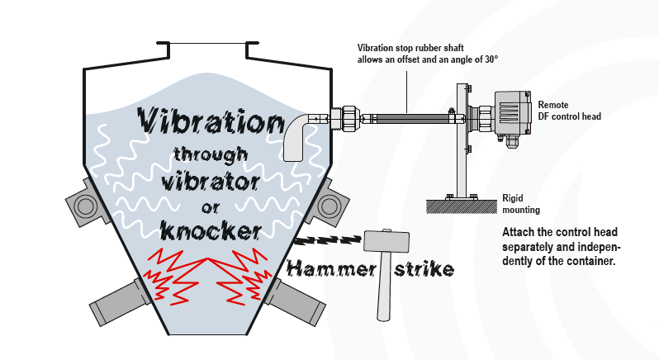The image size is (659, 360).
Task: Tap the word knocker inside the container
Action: point(211,231)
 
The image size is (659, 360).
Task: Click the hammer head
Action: point(386,241)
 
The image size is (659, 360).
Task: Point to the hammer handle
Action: point(383,287)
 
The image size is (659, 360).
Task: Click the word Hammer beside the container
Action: point(332,269)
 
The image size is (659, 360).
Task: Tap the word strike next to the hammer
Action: point(424,269)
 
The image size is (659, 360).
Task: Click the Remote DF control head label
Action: point(570,111)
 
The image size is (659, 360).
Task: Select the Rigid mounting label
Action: point(521,204)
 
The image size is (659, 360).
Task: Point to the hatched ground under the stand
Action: point(462,206)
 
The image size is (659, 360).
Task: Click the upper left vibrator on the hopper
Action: point(86,204)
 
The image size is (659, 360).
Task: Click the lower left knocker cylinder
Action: point(120,301)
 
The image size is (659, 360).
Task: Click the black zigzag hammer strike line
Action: point(329,239)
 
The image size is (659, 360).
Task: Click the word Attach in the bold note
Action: point(515,232)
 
